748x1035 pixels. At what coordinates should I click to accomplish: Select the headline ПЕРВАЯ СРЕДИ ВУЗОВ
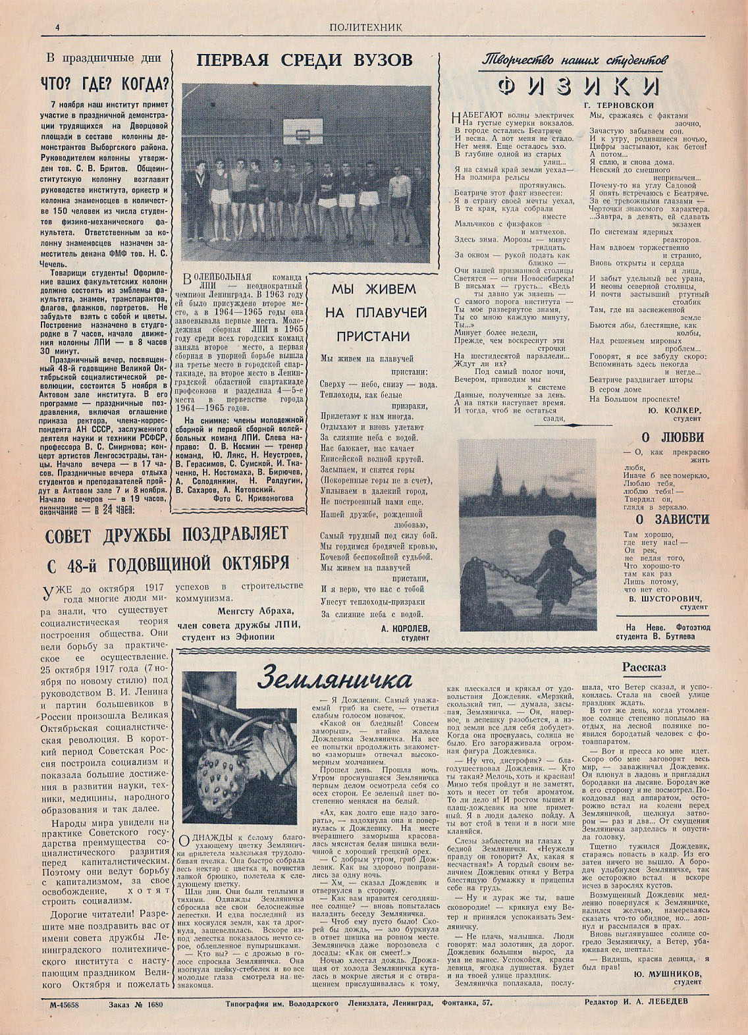point(305,61)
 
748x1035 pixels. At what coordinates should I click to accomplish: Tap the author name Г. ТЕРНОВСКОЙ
point(618,105)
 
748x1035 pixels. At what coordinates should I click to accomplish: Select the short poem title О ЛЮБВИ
point(673,437)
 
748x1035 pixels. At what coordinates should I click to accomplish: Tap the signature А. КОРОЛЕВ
point(405,628)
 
